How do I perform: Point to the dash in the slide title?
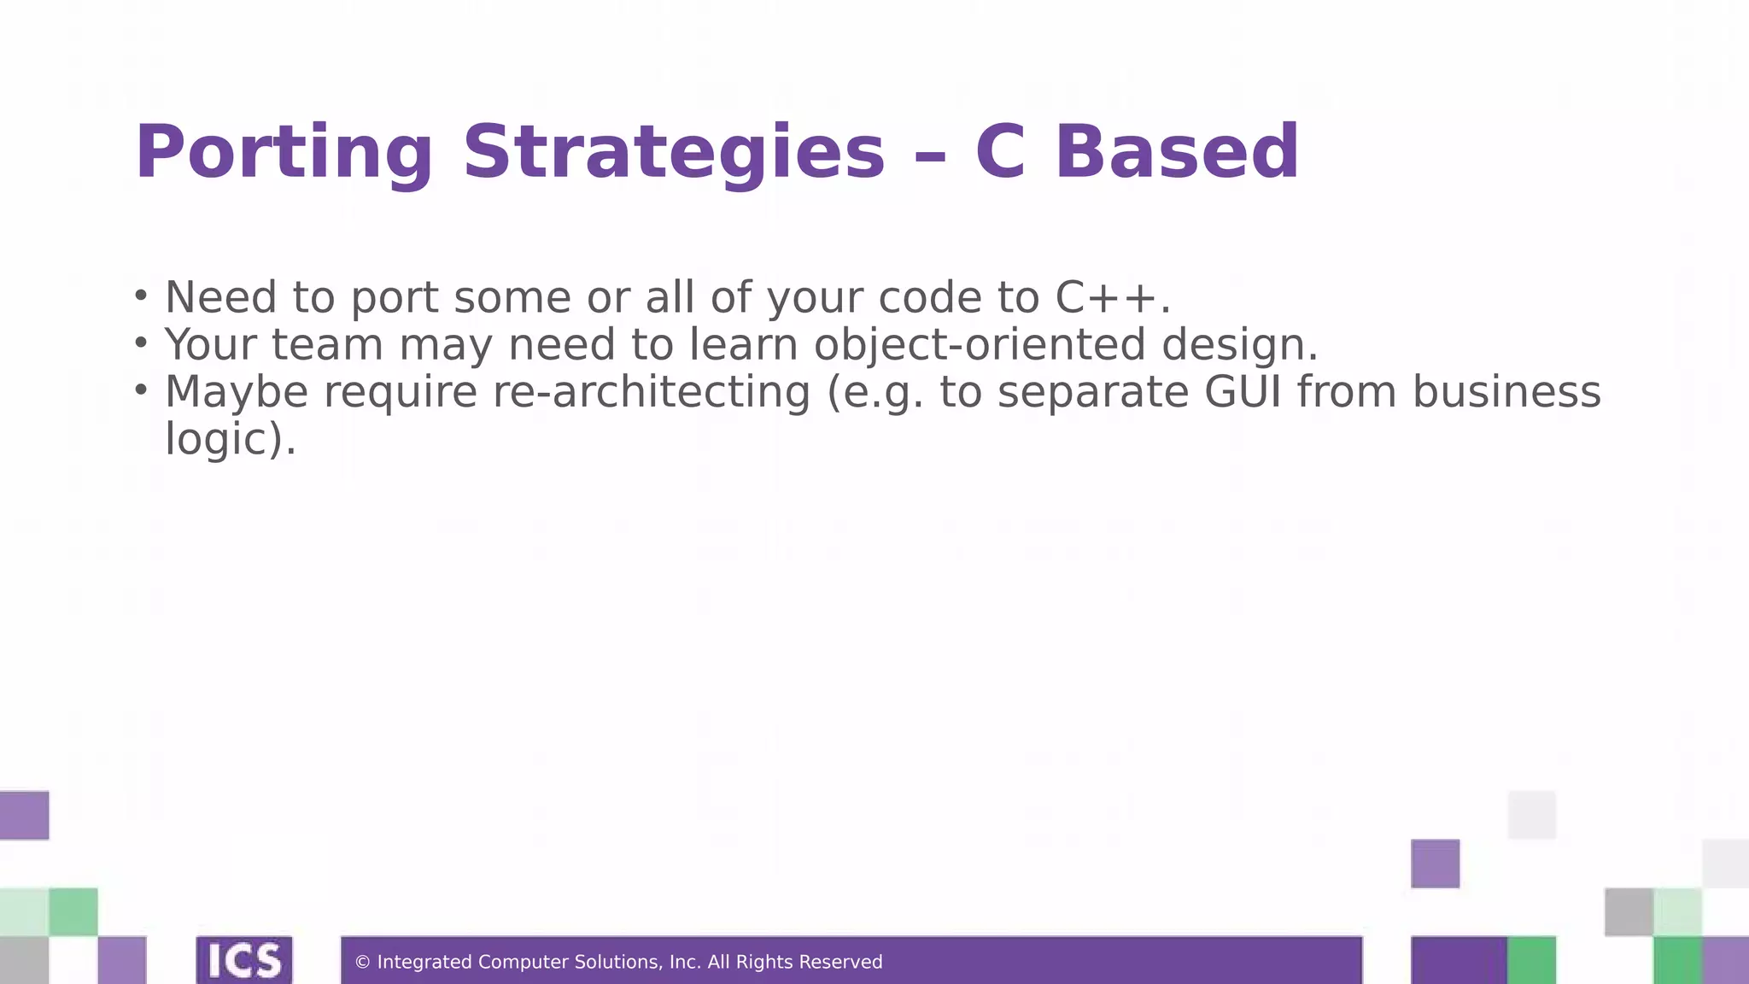pyautogui.click(x=930, y=155)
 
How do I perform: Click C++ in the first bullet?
pyautogui.click(x=1105, y=297)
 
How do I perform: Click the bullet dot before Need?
pyautogui.click(x=141, y=296)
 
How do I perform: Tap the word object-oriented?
pyautogui.click(x=979, y=344)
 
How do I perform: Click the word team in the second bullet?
pyautogui.click(x=327, y=344)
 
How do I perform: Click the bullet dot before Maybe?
pyautogui.click(x=141, y=390)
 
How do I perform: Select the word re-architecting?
pyautogui.click(x=652, y=392)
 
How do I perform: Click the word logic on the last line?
pyautogui.click(x=217, y=439)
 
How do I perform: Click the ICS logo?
pyautogui.click(x=244, y=960)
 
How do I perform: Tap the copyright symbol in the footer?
pyautogui.click(x=362, y=963)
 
